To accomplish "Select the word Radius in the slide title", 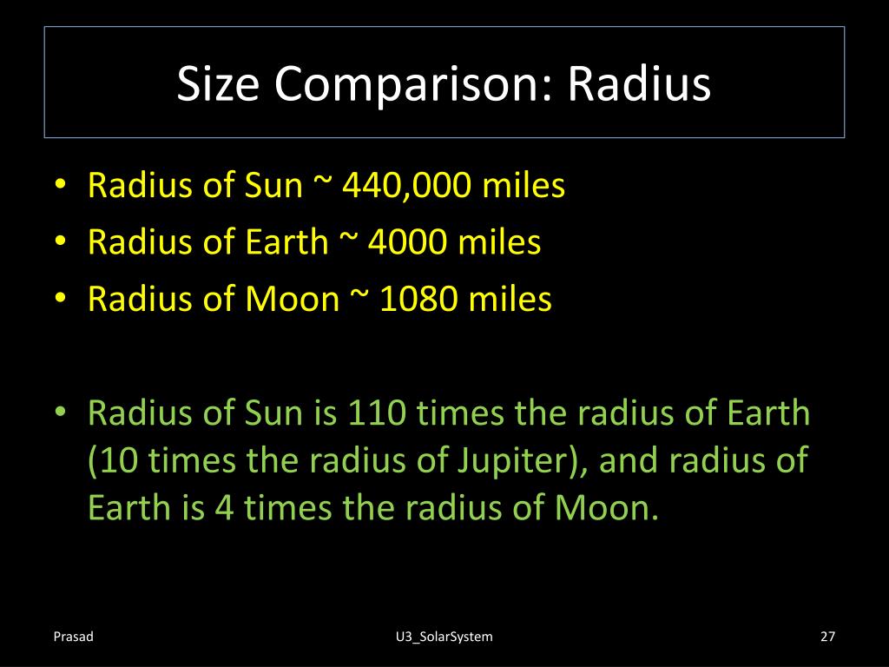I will [x=640, y=84].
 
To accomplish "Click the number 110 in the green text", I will [x=378, y=413].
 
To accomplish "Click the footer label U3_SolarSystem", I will [x=443, y=637].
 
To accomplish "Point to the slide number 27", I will [x=826, y=637].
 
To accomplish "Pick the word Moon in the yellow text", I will [x=292, y=299].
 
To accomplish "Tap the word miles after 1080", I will [x=510, y=299].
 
